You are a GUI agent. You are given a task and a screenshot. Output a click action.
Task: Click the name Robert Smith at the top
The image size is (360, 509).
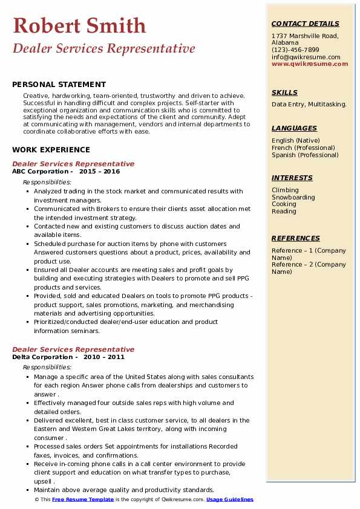coord(79,25)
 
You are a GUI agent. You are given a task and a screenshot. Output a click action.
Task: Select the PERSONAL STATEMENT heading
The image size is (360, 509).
coord(59,85)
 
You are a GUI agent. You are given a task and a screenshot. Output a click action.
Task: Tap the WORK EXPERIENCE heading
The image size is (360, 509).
coord(51,149)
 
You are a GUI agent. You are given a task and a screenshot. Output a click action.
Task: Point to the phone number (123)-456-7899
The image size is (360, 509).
coord(295,50)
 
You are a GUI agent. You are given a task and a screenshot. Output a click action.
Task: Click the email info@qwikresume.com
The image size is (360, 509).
coord(306,57)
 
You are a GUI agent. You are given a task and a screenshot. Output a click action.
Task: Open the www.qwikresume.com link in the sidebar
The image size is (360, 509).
coord(310,63)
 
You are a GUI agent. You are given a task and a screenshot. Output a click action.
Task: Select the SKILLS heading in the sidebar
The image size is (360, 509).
coord(284,92)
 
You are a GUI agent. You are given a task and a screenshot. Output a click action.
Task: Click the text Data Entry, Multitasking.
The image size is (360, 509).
coord(309,104)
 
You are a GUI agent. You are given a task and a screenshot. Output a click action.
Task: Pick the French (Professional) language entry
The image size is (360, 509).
coord(303,148)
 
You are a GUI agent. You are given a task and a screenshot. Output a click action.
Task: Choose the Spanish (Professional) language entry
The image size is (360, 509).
coord(305,155)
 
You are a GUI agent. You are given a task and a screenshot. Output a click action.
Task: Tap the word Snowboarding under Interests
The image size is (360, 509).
coord(293,197)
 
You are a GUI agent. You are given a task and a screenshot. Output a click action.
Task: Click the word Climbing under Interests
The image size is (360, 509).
coord(285,190)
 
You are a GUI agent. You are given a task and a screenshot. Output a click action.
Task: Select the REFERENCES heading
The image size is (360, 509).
coord(296,238)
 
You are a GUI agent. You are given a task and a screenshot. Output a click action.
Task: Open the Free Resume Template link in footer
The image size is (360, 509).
coord(83,499)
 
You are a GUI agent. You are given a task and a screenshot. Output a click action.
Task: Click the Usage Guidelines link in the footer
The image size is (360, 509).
coord(230,499)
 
